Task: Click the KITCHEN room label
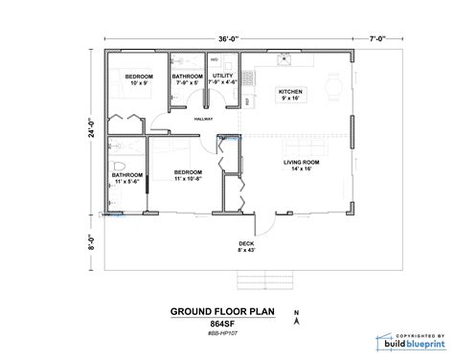tap(290, 93)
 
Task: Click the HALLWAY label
tap(203, 119)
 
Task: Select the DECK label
tap(246, 244)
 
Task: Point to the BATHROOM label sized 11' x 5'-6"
tap(126, 176)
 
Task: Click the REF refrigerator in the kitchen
tap(247, 100)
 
